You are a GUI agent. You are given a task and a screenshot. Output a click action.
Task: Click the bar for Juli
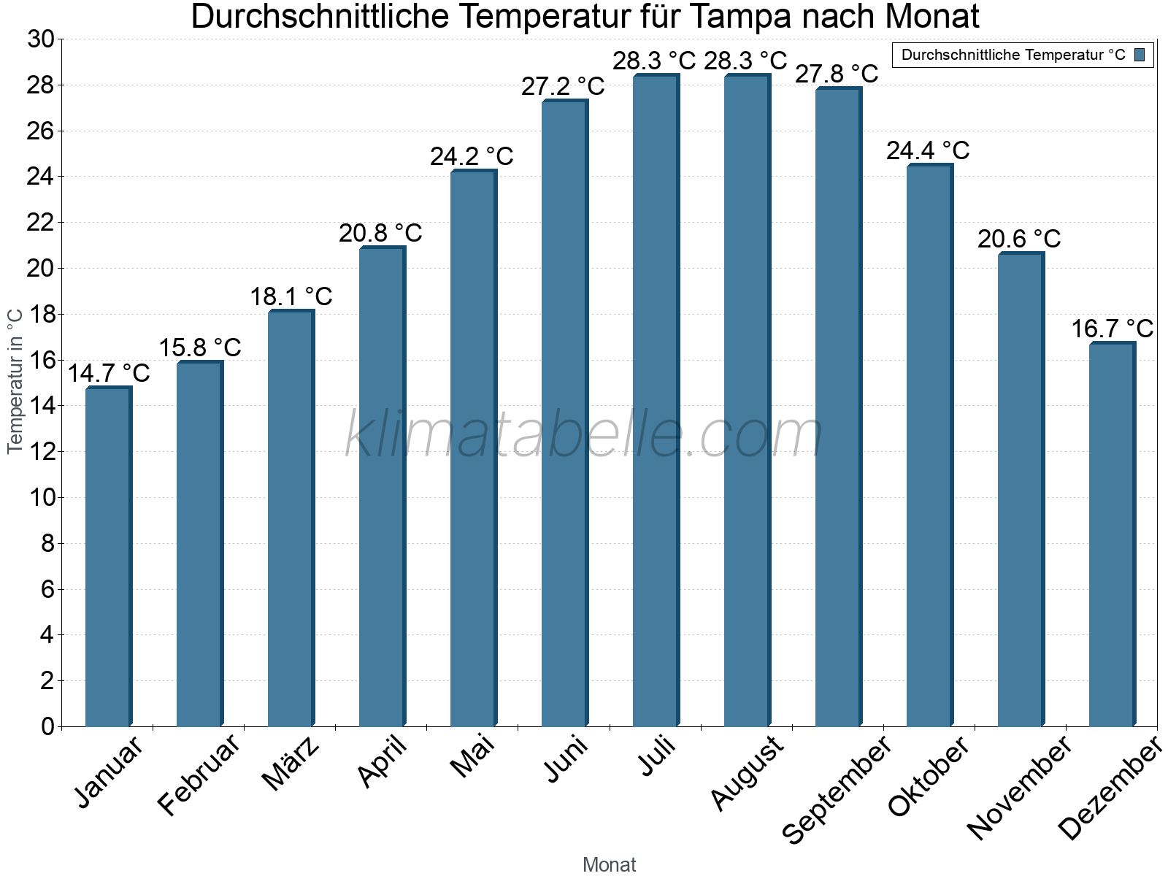click(x=656, y=401)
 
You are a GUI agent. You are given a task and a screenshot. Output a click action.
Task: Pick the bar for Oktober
click(x=929, y=445)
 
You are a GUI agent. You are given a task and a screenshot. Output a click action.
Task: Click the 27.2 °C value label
click(x=563, y=87)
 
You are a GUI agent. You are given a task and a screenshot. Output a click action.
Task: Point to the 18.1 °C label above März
click(x=291, y=297)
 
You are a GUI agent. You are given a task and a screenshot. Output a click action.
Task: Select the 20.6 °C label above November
click(x=1019, y=239)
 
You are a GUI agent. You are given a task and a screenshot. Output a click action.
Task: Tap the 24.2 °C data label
click(x=472, y=157)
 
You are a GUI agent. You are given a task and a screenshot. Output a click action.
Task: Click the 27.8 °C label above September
click(x=837, y=74)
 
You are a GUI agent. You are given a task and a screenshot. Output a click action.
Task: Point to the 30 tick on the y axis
click(x=41, y=39)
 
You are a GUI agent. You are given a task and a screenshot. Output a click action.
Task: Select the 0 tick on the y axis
click(x=47, y=726)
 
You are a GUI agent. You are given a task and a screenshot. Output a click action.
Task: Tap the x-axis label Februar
click(x=199, y=774)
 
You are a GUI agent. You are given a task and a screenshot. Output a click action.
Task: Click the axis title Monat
click(x=610, y=865)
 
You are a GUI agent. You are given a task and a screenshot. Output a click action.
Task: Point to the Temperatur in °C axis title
click(x=15, y=381)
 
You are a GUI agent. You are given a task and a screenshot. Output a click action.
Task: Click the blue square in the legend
click(x=1140, y=55)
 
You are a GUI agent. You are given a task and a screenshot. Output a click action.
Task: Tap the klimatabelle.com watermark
click(x=584, y=435)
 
